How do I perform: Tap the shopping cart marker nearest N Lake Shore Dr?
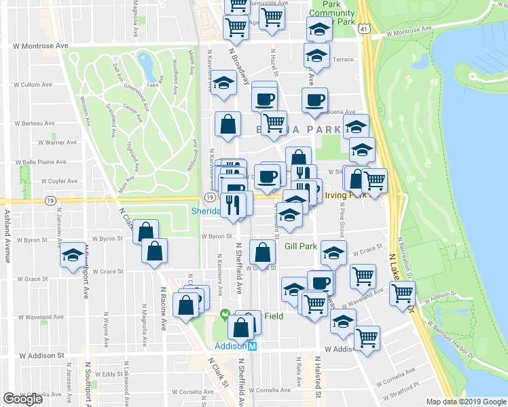coord(402,292)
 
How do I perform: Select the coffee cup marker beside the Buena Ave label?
coord(314,101)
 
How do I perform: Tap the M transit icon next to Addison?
coord(251,346)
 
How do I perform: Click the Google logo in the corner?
coord(23,400)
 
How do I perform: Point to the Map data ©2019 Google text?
coord(467,402)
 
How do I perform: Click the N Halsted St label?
coord(318,376)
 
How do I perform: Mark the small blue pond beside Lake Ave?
coord(145,66)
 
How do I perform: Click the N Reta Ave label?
coord(297,366)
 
